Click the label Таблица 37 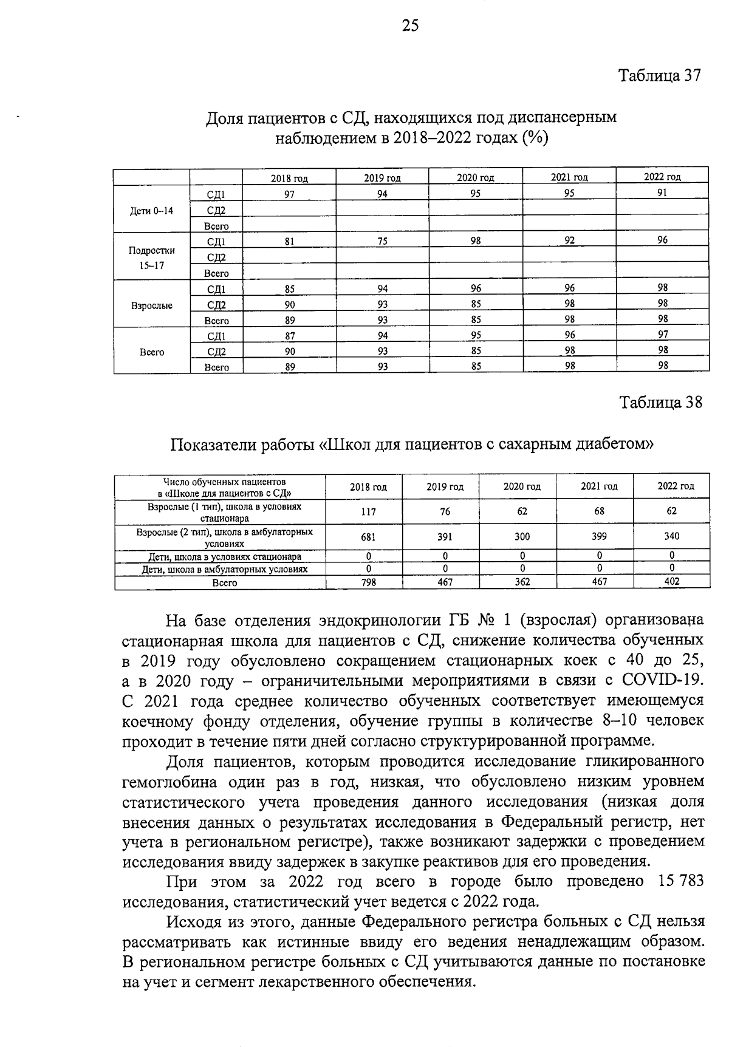click(x=660, y=75)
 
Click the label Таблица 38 click(x=660, y=402)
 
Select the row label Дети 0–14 click(x=152, y=211)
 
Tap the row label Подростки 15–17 click(x=152, y=257)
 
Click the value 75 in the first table click(x=382, y=240)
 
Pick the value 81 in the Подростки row click(x=290, y=240)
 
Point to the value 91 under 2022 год click(x=662, y=193)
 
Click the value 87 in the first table click(x=290, y=335)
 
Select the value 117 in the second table click(x=368, y=511)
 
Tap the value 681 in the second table click(x=368, y=536)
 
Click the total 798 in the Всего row click(x=368, y=582)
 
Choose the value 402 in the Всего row click(x=672, y=581)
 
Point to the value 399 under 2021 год click(x=599, y=536)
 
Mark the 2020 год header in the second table click(x=522, y=486)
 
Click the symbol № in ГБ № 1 click(x=488, y=621)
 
